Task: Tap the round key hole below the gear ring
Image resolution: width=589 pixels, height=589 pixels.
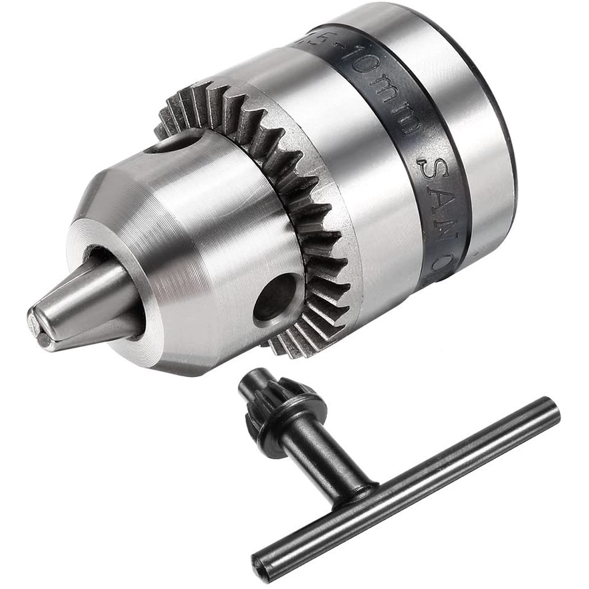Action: (275, 297)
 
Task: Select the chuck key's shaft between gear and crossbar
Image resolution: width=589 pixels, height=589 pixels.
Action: (324, 455)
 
